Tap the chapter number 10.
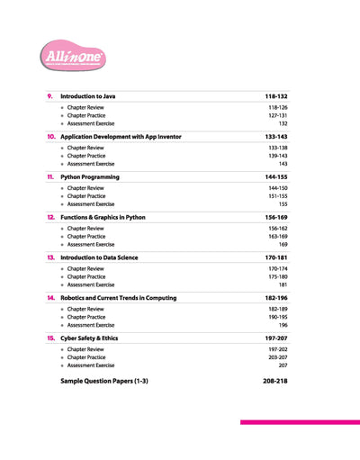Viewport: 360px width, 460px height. pos(50,136)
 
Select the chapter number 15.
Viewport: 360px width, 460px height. pos(50,338)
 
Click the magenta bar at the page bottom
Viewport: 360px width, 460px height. pos(299,421)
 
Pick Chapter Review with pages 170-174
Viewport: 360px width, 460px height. pos(85,268)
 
